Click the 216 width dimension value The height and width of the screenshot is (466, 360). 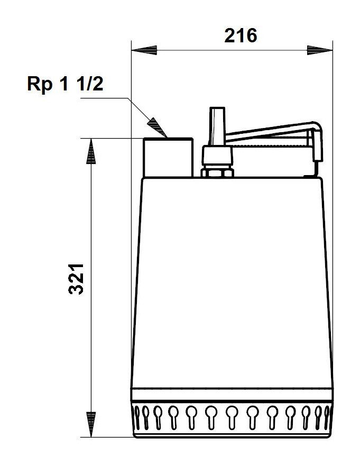coord(241,36)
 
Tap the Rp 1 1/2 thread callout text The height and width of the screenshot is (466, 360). coord(65,84)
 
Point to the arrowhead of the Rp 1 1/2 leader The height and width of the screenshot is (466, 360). coord(158,128)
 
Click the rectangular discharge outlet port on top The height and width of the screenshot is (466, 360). coord(168,157)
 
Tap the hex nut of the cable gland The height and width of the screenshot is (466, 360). coord(217,172)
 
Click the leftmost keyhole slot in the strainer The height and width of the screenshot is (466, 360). coord(140,416)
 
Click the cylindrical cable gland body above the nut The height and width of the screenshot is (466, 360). coord(217,156)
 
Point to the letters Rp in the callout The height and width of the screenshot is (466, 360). coord(39,84)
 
